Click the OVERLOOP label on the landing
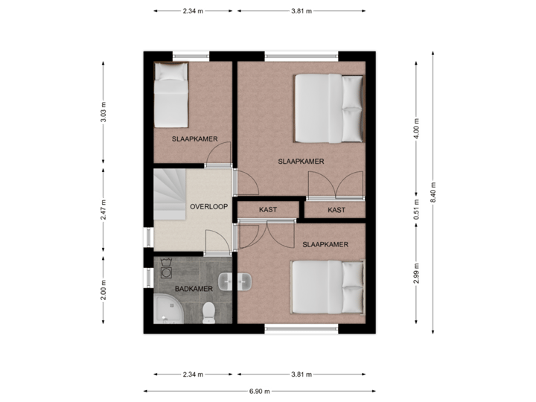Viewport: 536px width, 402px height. coord(208,206)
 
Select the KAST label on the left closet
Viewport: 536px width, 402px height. coord(268,210)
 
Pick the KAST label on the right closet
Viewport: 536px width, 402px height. coord(336,210)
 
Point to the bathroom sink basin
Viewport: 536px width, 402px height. coord(246,282)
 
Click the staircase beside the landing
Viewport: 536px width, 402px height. coord(170,194)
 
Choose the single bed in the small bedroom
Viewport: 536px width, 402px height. coord(171,97)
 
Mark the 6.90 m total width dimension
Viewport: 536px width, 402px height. coord(261,391)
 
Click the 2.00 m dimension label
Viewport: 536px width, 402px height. coord(103,289)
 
